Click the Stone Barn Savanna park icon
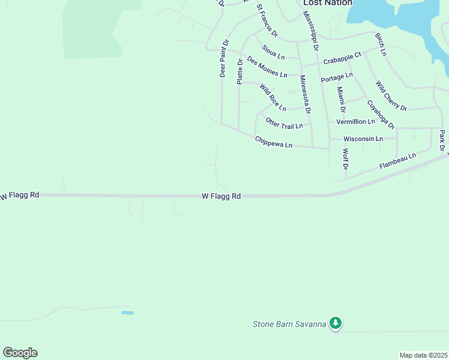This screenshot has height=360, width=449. click(336, 323)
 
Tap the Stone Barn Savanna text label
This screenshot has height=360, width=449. click(289, 325)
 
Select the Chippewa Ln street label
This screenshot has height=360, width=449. click(273, 143)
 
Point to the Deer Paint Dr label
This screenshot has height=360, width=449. click(223, 59)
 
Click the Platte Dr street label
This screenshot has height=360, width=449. click(240, 71)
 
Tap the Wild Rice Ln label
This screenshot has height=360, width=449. click(273, 98)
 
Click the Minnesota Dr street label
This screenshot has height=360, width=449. click(304, 94)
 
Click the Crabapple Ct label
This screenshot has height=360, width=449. click(342, 58)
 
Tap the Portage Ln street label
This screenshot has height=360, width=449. click(336, 77)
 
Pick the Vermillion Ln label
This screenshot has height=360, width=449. click(355, 121)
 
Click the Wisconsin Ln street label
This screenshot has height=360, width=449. click(363, 139)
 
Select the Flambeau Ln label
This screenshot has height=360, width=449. click(397, 161)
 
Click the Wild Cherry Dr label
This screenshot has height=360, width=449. click(391, 96)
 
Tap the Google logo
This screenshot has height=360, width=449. click(20, 353)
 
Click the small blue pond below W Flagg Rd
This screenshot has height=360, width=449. click(127, 313)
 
